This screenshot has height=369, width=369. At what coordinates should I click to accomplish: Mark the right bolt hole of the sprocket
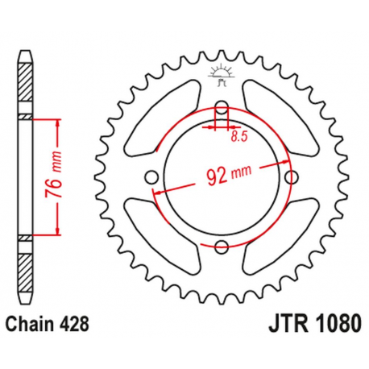(x=293, y=177)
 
